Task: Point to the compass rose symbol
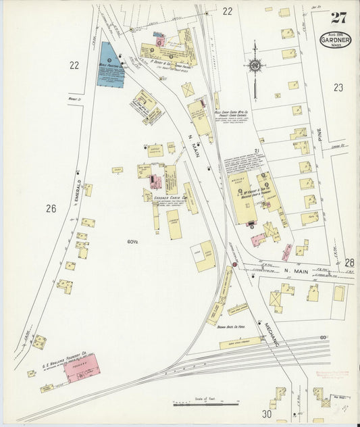pos(255,66)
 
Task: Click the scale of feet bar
pos(196,404)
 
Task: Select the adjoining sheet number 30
pos(267,413)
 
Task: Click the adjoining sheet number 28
pos(349,262)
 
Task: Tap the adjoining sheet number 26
pos(51,209)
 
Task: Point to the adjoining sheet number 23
pos(338,86)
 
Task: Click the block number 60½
pos(131,241)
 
